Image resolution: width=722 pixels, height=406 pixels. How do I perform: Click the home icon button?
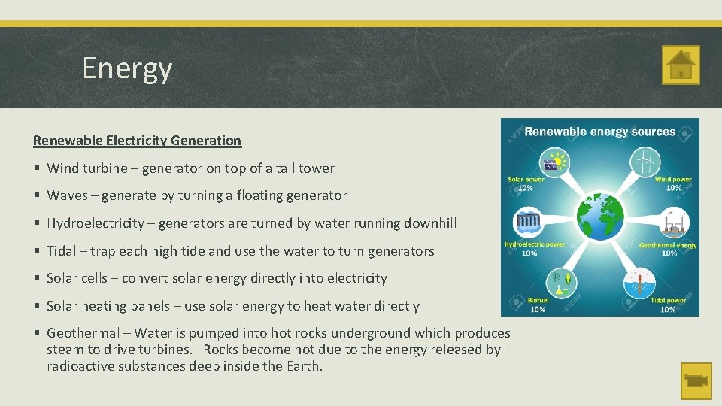[x=681, y=65]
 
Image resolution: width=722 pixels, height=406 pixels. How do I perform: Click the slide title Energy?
[x=127, y=68]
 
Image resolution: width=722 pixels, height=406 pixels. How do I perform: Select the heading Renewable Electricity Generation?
[x=137, y=141]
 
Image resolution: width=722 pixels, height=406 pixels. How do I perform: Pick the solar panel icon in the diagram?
[x=554, y=162]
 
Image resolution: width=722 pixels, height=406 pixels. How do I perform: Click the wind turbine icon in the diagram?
[x=645, y=161]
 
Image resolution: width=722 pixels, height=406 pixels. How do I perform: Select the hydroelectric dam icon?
[x=528, y=223]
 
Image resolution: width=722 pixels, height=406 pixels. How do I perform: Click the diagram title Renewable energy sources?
[x=599, y=132]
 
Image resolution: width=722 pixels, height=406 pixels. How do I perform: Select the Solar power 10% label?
[x=526, y=183]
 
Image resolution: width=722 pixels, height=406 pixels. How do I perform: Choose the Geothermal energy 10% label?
[x=668, y=249]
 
